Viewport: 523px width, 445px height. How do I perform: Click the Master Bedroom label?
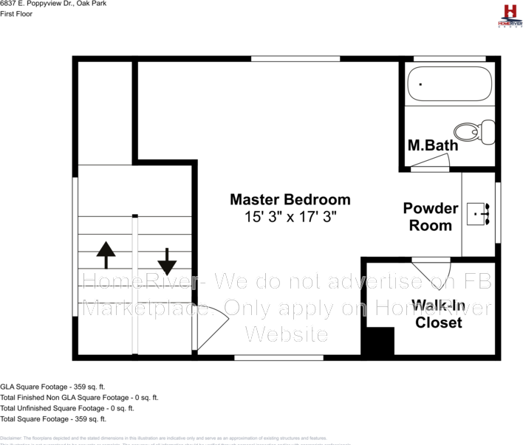coord(290,199)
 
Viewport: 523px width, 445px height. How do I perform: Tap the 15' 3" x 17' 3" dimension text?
coord(290,217)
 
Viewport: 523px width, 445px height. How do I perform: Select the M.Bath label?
coord(433,145)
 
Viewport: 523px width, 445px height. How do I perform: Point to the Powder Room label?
coord(431,217)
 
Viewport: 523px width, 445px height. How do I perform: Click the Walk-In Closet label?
coord(438,314)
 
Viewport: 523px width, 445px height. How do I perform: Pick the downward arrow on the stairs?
coord(167,260)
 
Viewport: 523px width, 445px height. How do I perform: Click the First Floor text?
coord(17,14)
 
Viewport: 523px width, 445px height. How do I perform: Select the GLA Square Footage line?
coord(53,386)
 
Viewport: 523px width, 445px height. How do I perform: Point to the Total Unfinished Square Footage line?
coord(67,407)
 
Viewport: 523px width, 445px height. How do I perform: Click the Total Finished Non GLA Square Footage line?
coord(79,397)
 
